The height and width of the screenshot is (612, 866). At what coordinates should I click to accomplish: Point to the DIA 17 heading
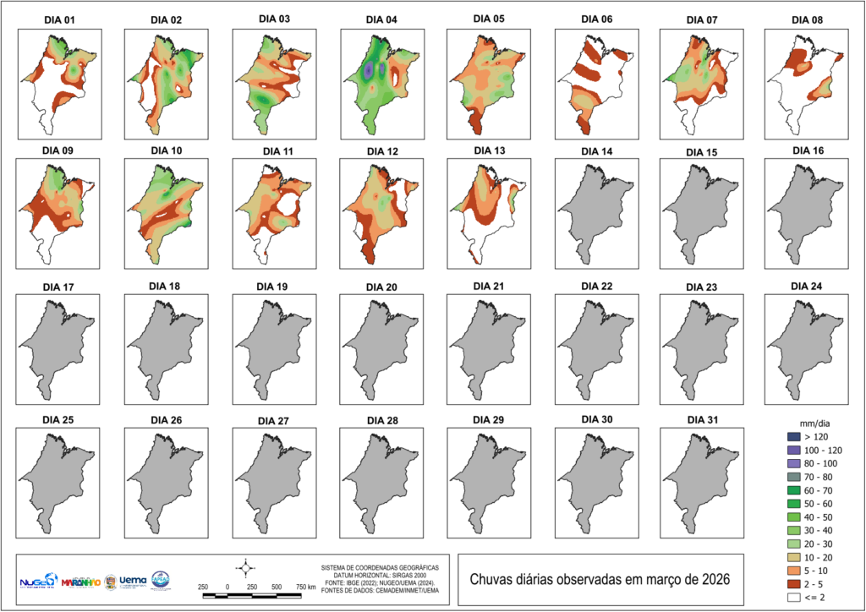pyautogui.click(x=58, y=287)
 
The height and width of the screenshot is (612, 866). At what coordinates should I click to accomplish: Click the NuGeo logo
pyautogui.click(x=37, y=582)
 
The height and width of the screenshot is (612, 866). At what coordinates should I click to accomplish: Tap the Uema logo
pyautogui.click(x=134, y=581)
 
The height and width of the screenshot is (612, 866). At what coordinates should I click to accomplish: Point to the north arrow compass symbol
pyautogui.click(x=245, y=566)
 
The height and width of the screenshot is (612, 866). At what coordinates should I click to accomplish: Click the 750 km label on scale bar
pyautogui.click(x=305, y=586)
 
